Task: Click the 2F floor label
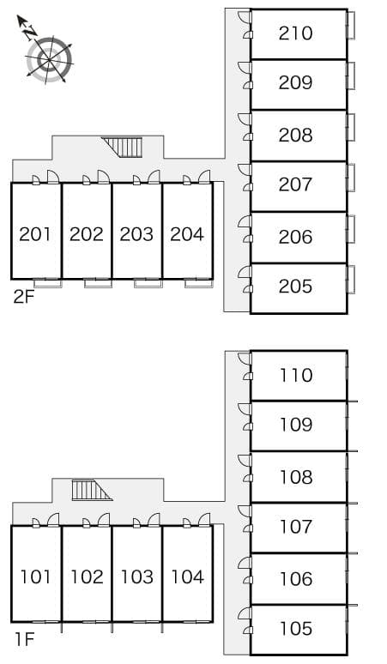23,297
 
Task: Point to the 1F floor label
23,638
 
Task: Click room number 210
295,33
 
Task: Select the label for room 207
295,184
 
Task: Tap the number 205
295,287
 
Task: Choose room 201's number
35,233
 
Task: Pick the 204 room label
186,233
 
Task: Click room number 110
295,375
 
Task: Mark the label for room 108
295,476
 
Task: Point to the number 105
295,629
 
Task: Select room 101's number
35,576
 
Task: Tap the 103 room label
136,576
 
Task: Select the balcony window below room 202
98,282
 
